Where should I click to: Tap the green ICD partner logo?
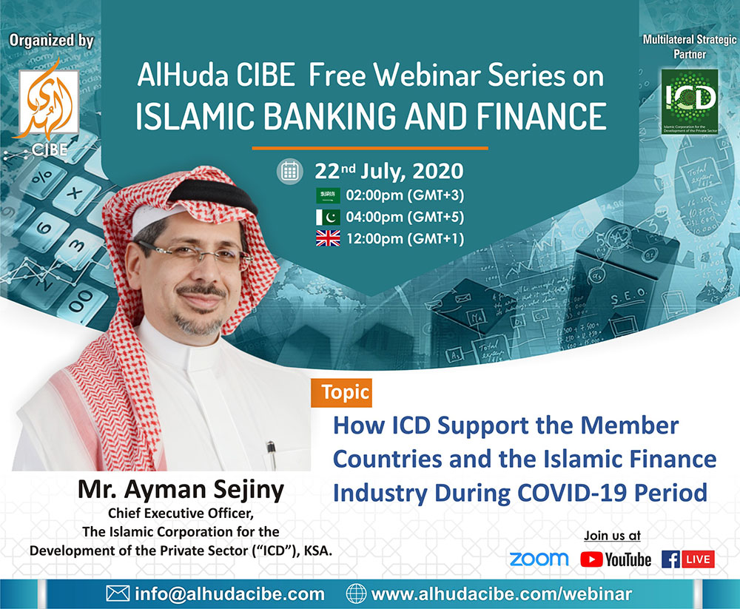(690, 102)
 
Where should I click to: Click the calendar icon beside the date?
(289, 171)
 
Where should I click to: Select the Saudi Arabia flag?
(328, 195)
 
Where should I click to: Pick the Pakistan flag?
(328, 217)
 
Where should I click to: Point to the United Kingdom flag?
(328, 238)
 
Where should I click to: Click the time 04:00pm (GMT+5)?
(405, 217)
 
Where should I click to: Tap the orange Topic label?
(341, 392)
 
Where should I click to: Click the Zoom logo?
(539, 559)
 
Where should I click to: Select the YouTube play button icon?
(591, 559)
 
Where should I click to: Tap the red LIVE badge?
(698, 559)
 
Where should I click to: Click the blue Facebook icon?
(670, 559)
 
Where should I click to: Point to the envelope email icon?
(118, 593)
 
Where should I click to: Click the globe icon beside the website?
(356, 593)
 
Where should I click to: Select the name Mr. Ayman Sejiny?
(181, 490)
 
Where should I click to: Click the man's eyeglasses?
(193, 252)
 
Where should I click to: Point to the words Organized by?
(52, 41)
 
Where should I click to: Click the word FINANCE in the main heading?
(542, 116)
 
